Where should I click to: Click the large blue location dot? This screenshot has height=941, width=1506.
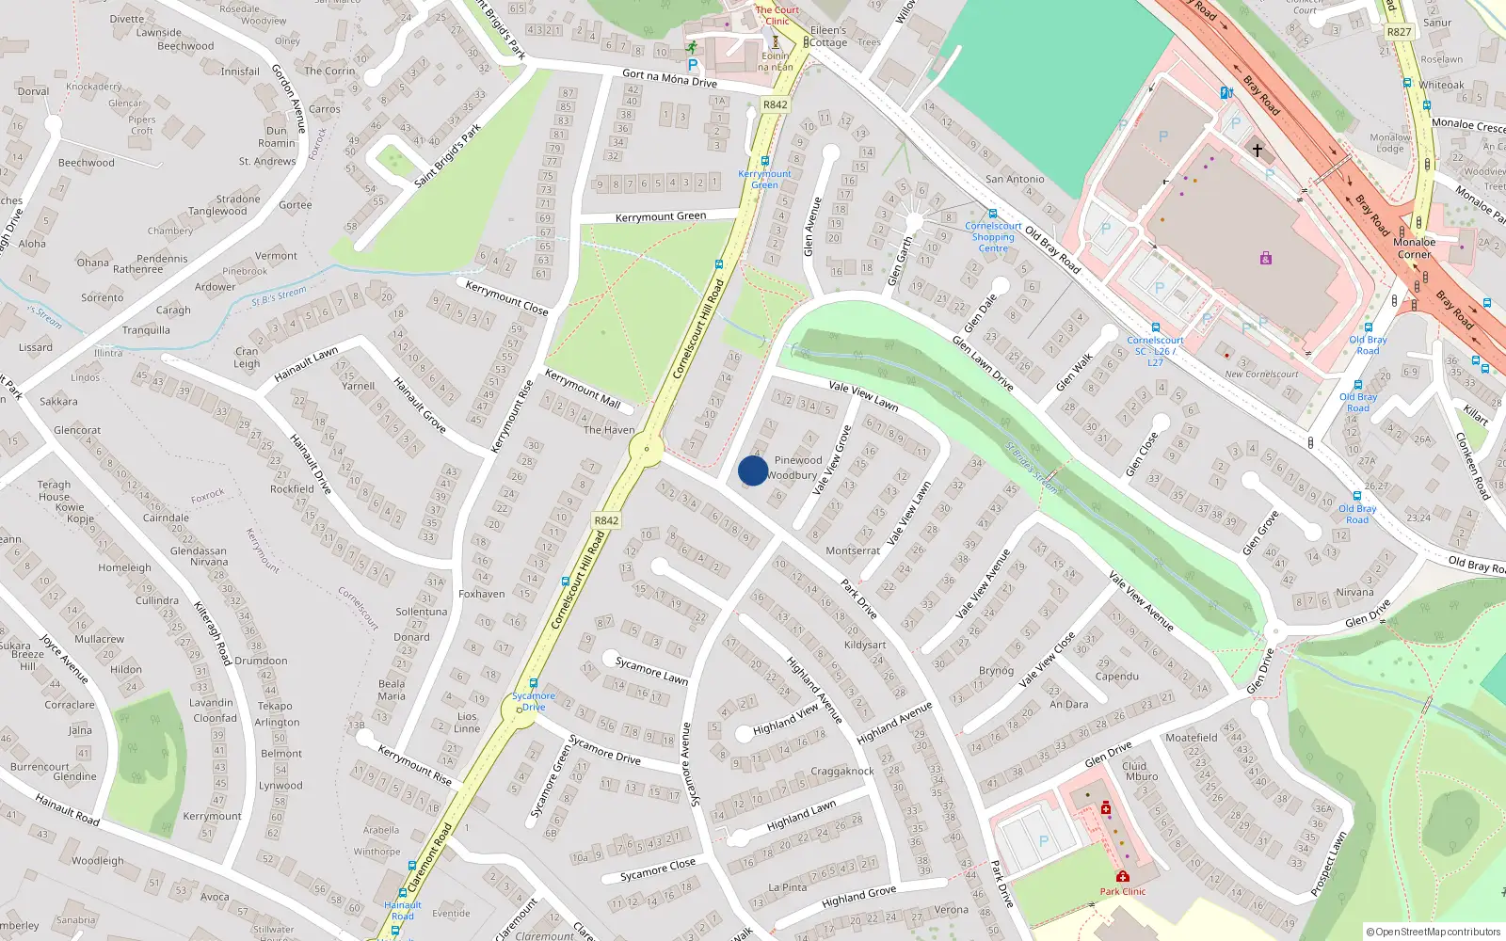753,471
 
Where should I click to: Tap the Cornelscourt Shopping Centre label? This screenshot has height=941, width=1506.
993,237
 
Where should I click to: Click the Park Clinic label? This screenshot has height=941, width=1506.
1123,891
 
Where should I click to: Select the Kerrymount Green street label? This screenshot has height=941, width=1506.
660,216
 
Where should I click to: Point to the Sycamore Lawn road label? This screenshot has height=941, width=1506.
651,671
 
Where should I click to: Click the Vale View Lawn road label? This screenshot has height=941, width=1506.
863,394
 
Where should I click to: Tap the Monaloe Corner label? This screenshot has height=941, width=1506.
1415,248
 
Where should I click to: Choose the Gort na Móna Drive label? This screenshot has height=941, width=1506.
669,78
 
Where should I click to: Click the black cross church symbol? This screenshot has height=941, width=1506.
1257,150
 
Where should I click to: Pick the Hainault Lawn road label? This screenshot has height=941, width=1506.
306,364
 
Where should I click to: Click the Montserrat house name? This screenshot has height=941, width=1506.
853,550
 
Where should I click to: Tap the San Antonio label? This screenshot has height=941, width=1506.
1015,179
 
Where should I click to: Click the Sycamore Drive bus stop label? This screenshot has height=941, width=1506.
534,702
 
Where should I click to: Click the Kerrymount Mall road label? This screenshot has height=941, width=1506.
583,389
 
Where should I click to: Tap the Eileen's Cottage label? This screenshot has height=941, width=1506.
828,37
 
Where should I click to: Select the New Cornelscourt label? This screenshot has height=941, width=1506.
1261,375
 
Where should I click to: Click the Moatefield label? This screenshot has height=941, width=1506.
1191,738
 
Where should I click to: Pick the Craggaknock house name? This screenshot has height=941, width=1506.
842,772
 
